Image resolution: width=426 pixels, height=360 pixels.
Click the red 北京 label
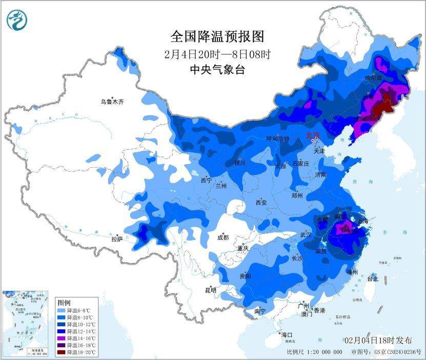coord(312,135)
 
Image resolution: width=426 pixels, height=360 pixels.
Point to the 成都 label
coord(222,237)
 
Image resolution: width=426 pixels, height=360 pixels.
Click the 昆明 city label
coord(210,290)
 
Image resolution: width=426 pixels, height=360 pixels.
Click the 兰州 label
coord(221,186)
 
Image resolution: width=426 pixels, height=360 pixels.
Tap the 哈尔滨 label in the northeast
coord(373,78)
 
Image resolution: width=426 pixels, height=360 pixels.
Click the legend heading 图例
coord(64,302)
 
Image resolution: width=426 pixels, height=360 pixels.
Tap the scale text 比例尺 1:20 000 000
coord(314,352)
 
